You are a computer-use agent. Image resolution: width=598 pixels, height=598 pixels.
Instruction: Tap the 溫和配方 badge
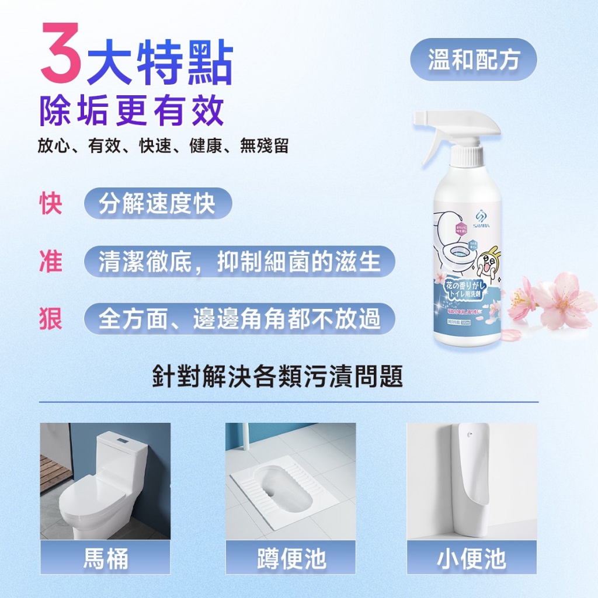click(x=473, y=60)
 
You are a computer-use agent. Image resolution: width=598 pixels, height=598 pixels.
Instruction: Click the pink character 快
click(x=50, y=203)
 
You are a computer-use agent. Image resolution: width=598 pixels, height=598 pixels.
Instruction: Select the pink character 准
click(x=50, y=261)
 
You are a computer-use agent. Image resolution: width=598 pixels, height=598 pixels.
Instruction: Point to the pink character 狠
click(x=50, y=318)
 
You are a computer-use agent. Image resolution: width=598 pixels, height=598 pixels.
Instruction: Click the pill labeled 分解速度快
click(x=158, y=203)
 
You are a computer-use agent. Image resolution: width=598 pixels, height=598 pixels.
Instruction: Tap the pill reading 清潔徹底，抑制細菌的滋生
click(x=239, y=261)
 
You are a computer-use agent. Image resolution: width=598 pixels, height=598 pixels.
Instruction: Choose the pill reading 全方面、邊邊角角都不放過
click(x=239, y=318)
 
